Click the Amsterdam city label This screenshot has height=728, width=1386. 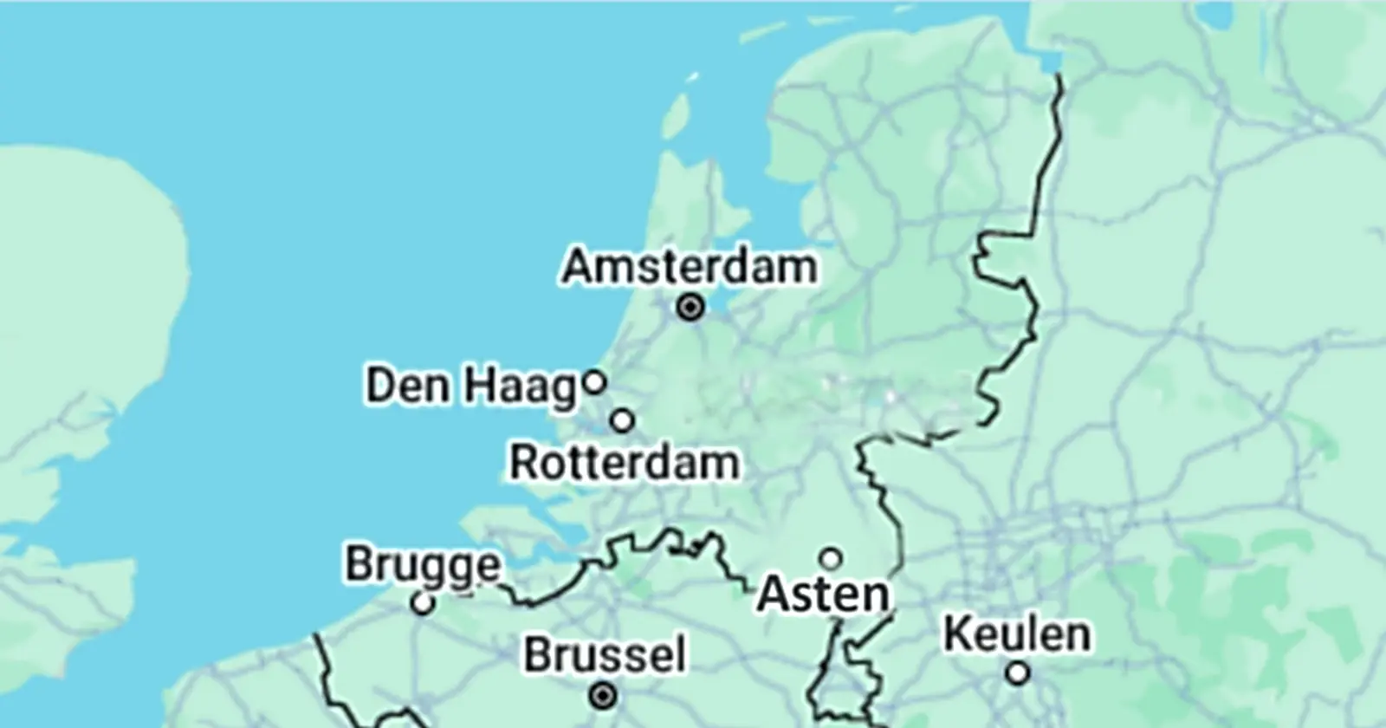tap(690, 266)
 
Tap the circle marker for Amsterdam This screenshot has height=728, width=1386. tap(690, 307)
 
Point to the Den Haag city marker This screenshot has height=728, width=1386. tap(594, 381)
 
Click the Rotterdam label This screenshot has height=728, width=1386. tap(624, 463)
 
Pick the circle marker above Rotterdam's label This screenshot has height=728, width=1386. tap(623, 421)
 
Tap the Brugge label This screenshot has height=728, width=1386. tap(423, 565)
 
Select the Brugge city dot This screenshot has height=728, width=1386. tap(423, 603)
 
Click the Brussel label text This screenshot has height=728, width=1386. tap(604, 655)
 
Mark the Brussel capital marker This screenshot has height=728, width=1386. tap(603, 695)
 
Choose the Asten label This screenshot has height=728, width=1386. tap(823, 595)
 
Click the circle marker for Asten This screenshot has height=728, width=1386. tap(831, 557)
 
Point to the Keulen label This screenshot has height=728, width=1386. tap(1017, 634)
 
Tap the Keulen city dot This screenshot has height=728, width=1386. tap(1019, 673)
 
